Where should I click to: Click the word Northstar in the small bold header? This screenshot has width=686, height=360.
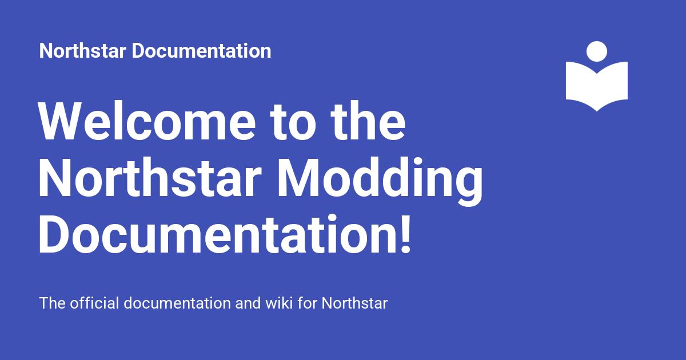83,51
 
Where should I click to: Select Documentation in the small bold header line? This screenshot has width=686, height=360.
202,51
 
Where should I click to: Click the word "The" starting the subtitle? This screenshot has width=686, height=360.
53,303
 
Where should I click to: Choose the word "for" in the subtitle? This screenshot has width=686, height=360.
308,303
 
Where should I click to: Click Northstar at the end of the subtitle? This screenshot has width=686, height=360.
354,303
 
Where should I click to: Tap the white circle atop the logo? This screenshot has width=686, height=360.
597,51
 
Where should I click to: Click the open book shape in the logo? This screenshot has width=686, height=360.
597,86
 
